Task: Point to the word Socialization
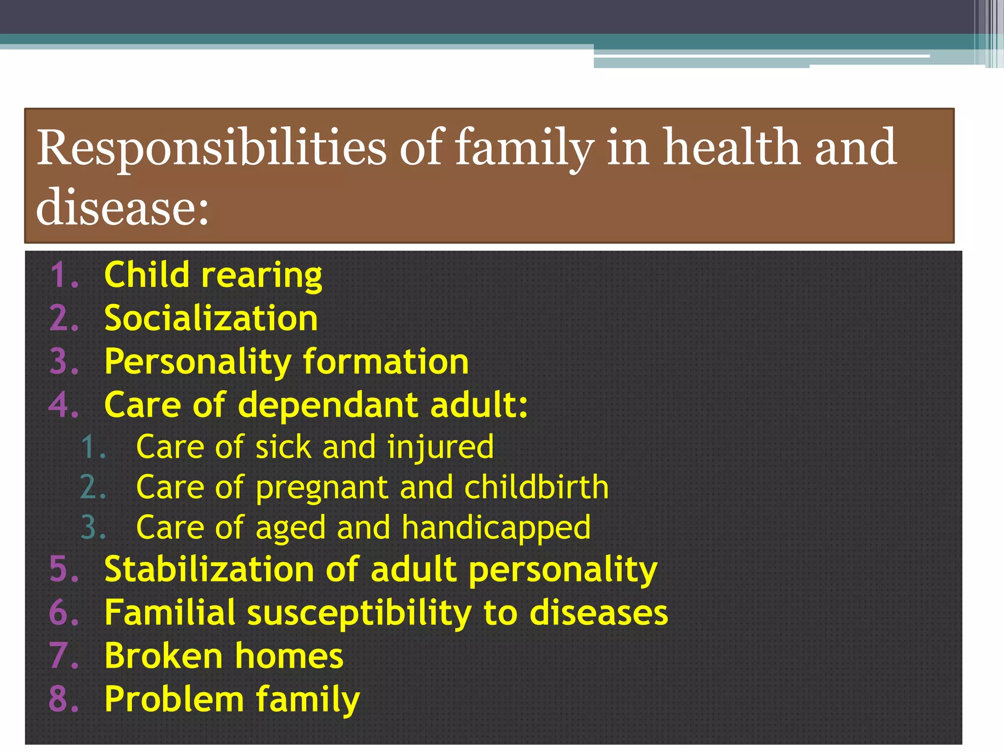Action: click(211, 318)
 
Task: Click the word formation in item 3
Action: click(385, 362)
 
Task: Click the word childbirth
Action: click(536, 487)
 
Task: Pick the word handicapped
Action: click(496, 528)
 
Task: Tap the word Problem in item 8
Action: click(174, 700)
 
